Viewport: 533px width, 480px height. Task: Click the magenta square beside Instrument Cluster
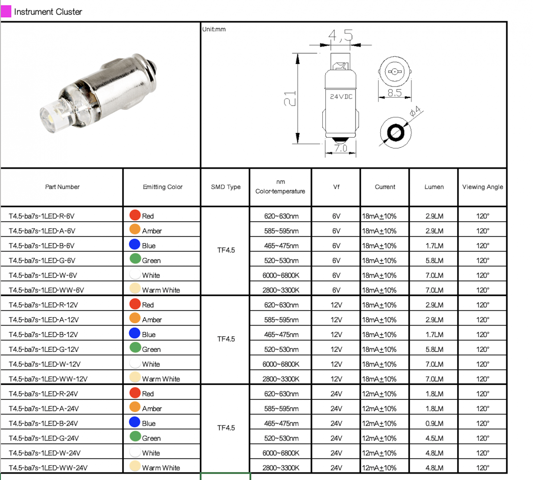pyautogui.click(x=6, y=11)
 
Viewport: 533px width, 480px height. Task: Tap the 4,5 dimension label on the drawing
pyautogui.click(x=340, y=35)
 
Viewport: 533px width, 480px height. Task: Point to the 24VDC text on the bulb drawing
pyautogui.click(x=341, y=97)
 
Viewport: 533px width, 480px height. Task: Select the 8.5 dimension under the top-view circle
pyautogui.click(x=394, y=93)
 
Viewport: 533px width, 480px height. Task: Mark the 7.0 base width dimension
pyautogui.click(x=341, y=148)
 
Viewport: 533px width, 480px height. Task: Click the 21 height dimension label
pyautogui.click(x=290, y=98)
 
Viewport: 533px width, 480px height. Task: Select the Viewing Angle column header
pyautogui.click(x=482, y=187)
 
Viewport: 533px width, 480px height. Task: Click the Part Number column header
pyautogui.click(x=62, y=187)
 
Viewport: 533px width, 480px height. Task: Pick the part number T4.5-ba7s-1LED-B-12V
pyautogui.click(x=43, y=335)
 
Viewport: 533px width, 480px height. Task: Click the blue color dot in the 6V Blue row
pyautogui.click(x=135, y=244)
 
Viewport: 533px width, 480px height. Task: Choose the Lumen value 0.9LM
pyautogui.click(x=434, y=423)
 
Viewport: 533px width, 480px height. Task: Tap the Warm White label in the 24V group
pyautogui.click(x=161, y=468)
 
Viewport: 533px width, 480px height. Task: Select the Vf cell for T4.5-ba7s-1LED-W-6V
pyautogui.click(x=336, y=275)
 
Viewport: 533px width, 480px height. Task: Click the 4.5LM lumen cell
pyautogui.click(x=434, y=438)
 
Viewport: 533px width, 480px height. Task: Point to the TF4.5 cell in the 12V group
pyautogui.click(x=226, y=339)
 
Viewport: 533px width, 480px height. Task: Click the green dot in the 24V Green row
pyautogui.click(x=135, y=436)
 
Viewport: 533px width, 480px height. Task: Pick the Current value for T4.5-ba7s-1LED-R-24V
pyautogui.click(x=379, y=394)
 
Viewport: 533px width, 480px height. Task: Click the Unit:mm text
pyautogui.click(x=214, y=29)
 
